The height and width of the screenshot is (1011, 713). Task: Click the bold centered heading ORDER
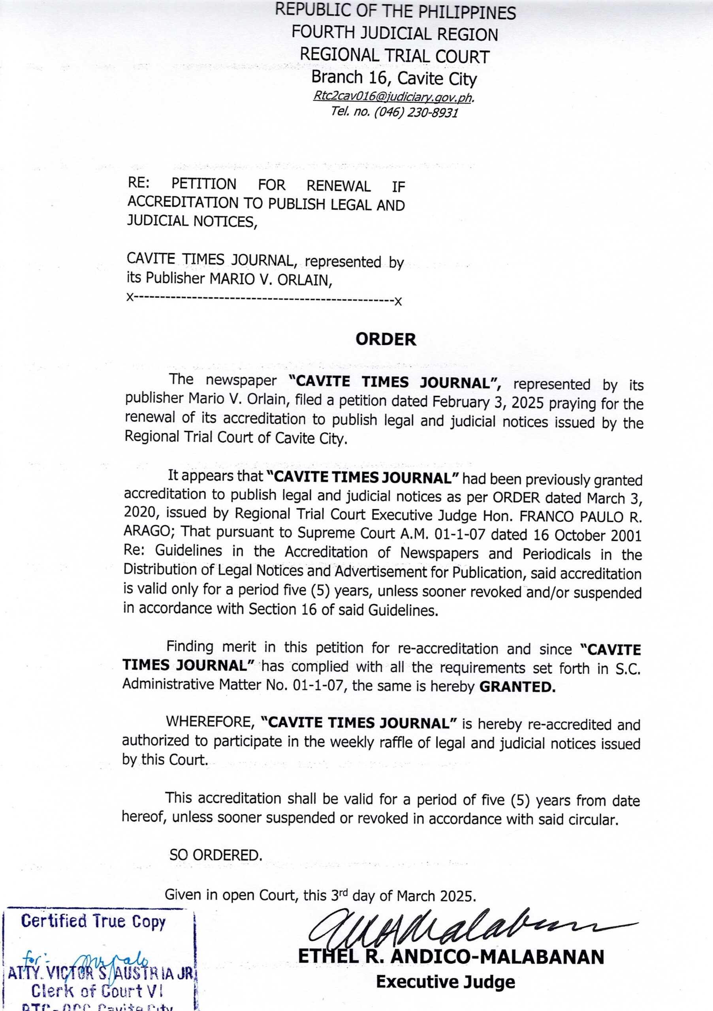[386, 339]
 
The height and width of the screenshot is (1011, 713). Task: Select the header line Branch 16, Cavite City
[394, 78]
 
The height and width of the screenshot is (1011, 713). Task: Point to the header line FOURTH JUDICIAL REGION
[395, 34]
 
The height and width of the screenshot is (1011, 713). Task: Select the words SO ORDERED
[216, 855]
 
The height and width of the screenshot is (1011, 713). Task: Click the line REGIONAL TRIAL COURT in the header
[395, 56]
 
